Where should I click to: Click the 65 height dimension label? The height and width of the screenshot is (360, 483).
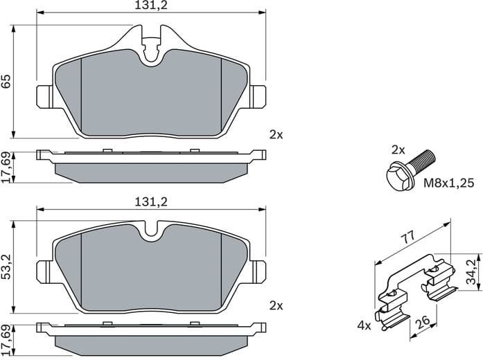[x=6, y=82]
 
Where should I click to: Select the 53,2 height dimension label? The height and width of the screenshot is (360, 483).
[x=6, y=266]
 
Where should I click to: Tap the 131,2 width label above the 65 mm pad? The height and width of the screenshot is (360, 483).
[x=150, y=6]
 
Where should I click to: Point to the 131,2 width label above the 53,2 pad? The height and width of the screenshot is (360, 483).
[x=150, y=201]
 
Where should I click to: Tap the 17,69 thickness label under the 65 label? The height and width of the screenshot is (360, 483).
[x=6, y=168]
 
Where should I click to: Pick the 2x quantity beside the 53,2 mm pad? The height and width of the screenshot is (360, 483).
[x=276, y=305]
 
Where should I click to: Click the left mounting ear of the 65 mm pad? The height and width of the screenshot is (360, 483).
[x=44, y=96]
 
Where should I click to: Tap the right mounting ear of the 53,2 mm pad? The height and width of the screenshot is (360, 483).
[x=258, y=269]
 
